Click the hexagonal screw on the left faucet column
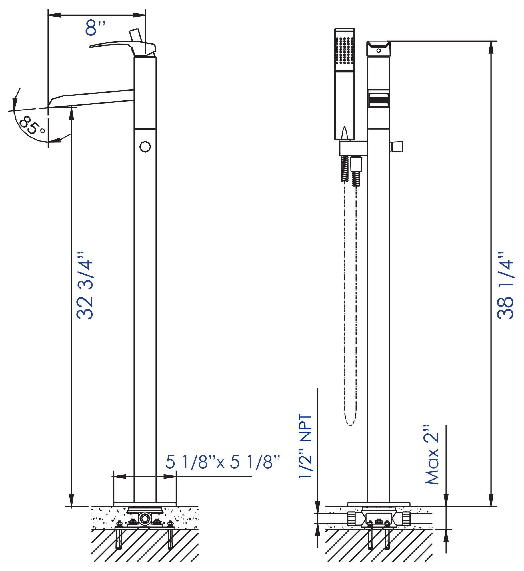[145, 147]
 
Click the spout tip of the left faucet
[51, 103]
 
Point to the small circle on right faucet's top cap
[379, 51]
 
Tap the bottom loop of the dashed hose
[350, 425]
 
